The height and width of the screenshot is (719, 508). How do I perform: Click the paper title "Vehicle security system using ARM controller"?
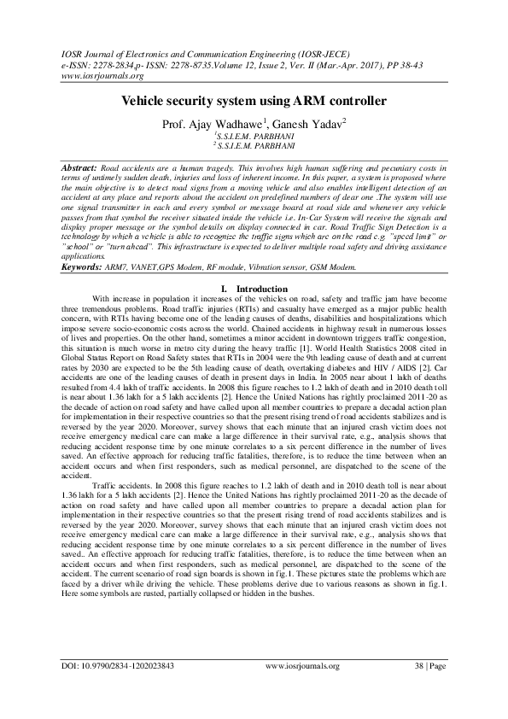click(254, 101)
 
